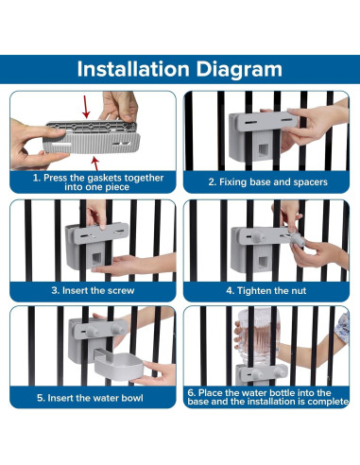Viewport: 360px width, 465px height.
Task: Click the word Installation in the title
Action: pos(133,69)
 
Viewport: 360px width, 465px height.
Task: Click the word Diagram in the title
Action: pos(239,70)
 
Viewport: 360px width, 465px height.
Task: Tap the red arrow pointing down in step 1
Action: pos(86,107)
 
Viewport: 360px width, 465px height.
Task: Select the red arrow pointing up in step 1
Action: pos(95,163)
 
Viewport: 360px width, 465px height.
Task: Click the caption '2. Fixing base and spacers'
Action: pos(267,182)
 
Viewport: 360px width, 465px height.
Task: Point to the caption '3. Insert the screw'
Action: pos(93,290)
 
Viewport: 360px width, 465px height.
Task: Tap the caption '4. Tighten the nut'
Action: pos(266,290)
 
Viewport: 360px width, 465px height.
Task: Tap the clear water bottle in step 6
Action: pos(258,336)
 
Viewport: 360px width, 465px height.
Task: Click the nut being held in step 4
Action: pos(296,239)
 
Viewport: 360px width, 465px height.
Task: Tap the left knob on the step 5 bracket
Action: pos(92,331)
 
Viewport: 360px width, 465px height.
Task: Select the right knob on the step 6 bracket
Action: pos(279,372)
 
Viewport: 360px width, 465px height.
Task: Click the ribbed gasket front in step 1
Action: pos(92,143)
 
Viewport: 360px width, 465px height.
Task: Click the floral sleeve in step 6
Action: pos(343,327)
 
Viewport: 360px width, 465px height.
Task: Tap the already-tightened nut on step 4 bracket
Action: pos(257,236)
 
